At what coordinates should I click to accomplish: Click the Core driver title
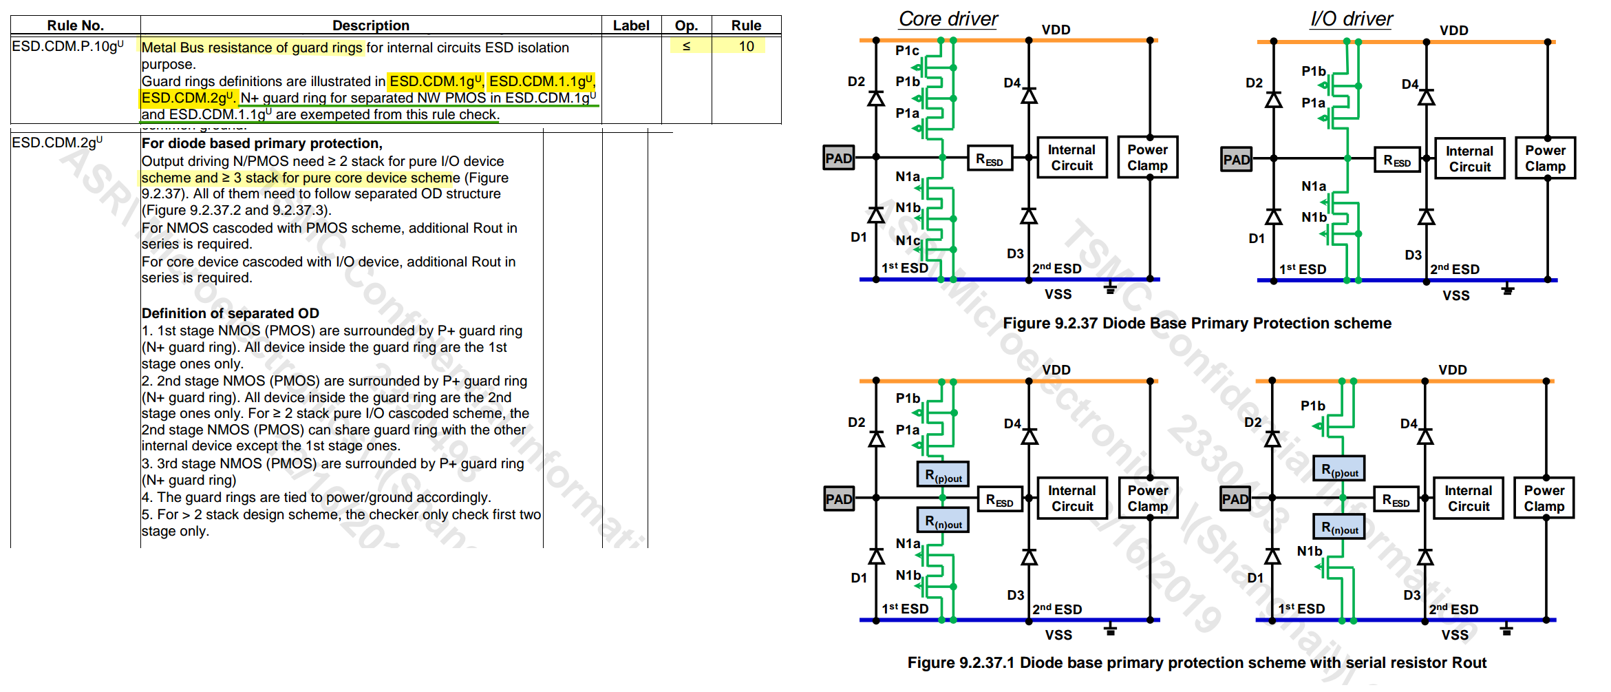[x=948, y=19]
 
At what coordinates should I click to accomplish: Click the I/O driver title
[x=1351, y=19]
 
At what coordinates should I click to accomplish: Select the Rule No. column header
[x=75, y=25]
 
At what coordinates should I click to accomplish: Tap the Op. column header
[x=686, y=25]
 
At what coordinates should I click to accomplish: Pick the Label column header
[x=631, y=25]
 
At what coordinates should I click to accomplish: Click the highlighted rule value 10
[x=746, y=46]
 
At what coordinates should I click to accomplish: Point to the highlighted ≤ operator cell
[x=686, y=46]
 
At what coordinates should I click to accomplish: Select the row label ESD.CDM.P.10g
[x=67, y=47]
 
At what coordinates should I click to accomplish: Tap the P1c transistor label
[x=907, y=50]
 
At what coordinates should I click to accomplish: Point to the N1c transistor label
[x=908, y=240]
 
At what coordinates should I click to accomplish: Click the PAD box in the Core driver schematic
[x=838, y=158]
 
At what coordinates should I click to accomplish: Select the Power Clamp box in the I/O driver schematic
[x=1545, y=158]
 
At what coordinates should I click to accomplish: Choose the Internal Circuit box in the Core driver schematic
[x=1071, y=158]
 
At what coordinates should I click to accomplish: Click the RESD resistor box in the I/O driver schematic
[x=1396, y=160]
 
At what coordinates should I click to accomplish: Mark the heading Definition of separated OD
[x=230, y=313]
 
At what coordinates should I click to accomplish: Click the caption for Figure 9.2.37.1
[x=1197, y=662]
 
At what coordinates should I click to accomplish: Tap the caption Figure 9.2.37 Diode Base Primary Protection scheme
[x=1197, y=323]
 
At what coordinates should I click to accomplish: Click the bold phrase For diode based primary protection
[x=262, y=143]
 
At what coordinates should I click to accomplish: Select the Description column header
[x=370, y=25]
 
